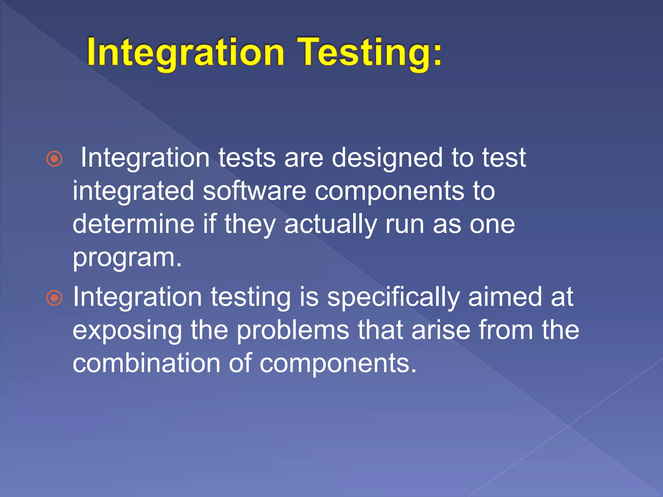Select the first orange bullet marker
pos(54,159)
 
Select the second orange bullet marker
pos(54,298)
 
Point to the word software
pos(254,191)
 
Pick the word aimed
pos(505,297)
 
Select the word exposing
pos(127,331)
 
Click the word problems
pos(293,331)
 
